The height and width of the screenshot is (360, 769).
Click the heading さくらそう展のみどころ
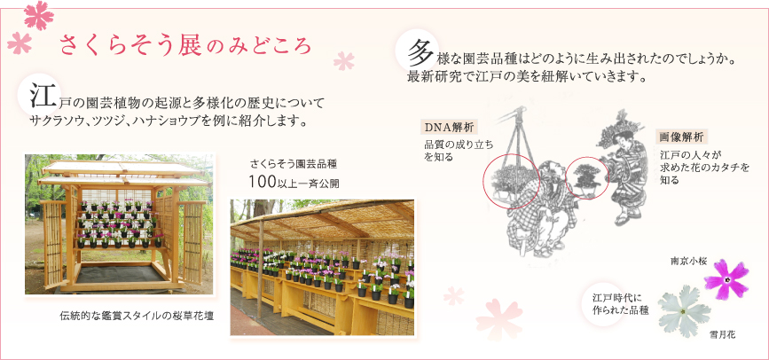185,45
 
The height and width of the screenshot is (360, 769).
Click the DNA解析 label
449,128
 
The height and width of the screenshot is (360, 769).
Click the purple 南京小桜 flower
726,279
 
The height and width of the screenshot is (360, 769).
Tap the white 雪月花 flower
684,311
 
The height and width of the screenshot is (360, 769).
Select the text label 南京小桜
688,261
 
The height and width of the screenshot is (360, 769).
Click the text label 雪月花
723,335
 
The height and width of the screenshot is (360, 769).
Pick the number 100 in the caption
257,182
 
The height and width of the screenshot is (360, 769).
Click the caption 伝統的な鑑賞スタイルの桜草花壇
137,315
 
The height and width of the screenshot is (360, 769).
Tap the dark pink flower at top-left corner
38,14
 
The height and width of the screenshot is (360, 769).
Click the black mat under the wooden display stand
120,274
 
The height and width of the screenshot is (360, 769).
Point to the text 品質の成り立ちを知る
458,151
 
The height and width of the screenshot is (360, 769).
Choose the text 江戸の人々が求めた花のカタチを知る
705,168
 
